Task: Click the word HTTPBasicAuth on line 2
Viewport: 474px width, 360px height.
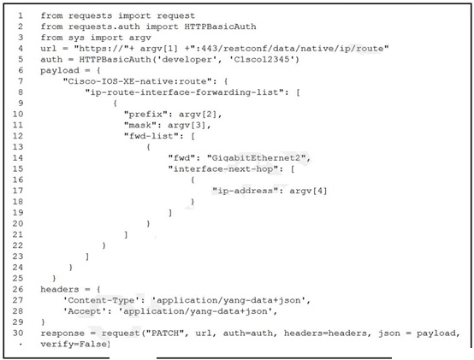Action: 220,27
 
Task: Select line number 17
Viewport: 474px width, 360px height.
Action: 18,191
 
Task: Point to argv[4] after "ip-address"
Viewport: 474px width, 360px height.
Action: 308,191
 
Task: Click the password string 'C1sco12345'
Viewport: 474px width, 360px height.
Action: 262,59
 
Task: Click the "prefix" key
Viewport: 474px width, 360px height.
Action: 145,115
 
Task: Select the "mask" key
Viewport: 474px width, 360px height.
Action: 140,125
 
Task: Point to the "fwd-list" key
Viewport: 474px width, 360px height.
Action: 151,136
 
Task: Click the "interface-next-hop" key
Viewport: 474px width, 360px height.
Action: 223,168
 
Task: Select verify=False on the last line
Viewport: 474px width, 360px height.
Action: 74,344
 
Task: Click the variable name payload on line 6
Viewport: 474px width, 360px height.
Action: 60,71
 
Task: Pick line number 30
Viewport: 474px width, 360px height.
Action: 18,333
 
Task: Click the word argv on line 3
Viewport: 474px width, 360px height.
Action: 140,38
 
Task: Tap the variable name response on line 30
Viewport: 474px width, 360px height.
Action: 62,333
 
